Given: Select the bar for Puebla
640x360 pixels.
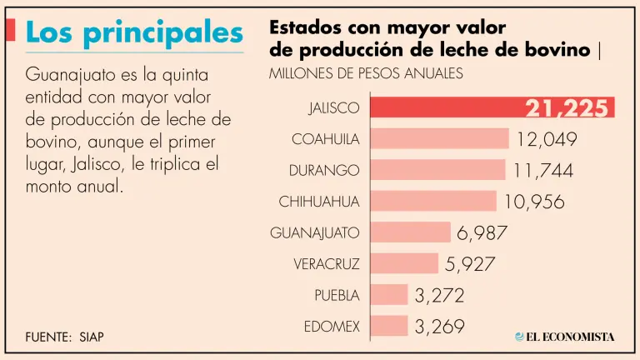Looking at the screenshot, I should tap(388, 294).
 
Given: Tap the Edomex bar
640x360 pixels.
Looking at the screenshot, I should tap(388, 326).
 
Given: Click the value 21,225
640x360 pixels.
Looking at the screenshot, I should tap(567, 108).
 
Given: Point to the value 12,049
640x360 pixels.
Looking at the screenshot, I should tap(547, 139).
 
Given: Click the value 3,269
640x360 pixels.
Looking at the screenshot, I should tap(439, 326).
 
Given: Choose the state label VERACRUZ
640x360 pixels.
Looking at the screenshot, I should tap(327, 264).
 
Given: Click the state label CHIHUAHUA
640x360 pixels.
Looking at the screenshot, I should tap(319, 202).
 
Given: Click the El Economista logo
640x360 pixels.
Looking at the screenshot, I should tap(564, 337).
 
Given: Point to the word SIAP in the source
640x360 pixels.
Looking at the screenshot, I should tap(92, 337).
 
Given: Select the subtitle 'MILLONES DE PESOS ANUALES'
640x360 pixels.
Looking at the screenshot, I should tap(366, 73).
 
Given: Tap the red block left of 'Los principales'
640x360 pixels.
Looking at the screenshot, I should tap(10, 30).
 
